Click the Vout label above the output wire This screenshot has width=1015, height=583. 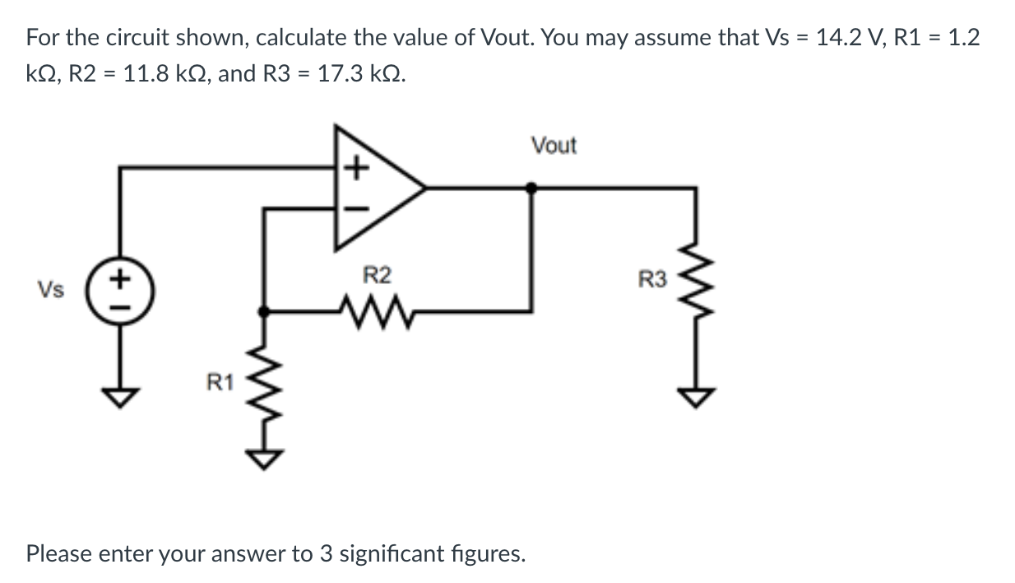click(554, 146)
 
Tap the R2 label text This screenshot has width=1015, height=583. click(377, 275)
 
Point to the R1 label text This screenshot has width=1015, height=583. click(219, 382)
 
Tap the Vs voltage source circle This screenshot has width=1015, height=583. click(122, 288)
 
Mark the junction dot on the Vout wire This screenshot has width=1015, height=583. click(532, 188)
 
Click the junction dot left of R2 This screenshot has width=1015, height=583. click(264, 311)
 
